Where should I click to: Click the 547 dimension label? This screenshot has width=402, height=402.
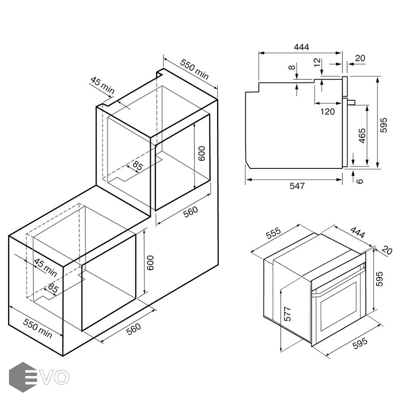pyautogui.click(x=297, y=186)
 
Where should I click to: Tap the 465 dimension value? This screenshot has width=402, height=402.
pyautogui.click(x=362, y=136)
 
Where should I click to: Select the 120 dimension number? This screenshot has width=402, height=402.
pyautogui.click(x=327, y=112)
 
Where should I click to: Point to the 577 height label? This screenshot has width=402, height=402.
pyautogui.click(x=288, y=314)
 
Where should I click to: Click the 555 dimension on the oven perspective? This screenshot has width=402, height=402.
pyautogui.click(x=274, y=233)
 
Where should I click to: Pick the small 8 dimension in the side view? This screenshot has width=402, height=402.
pyautogui.click(x=292, y=67)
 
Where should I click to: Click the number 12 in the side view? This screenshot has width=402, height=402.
pyautogui.click(x=317, y=62)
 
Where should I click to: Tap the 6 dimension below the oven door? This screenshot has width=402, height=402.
pyautogui.click(x=360, y=181)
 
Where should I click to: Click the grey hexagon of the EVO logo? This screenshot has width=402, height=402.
pyautogui.click(x=23, y=377)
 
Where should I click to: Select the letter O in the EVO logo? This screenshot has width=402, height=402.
pyautogui.click(x=62, y=377)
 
